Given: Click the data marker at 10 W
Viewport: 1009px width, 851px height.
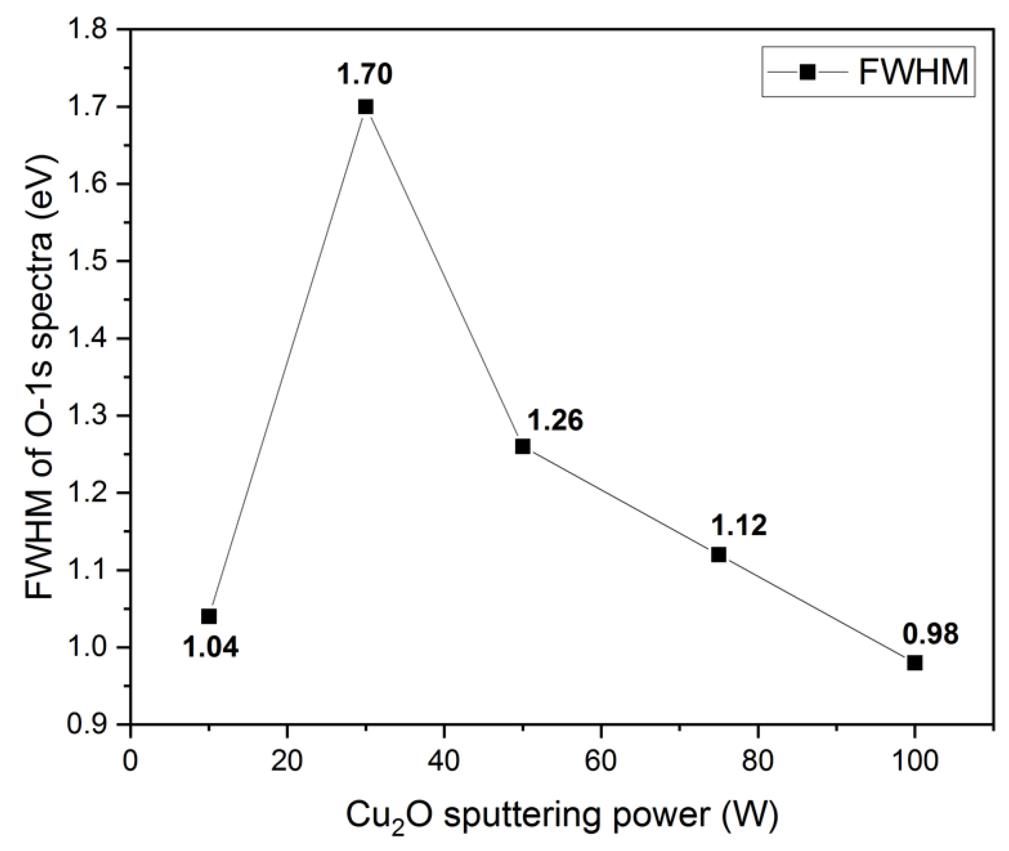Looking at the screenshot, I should pos(209,617).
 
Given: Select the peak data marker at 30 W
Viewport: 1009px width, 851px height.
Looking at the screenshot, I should pos(366,107).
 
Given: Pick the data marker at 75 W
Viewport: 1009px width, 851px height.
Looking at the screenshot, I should pos(719,555).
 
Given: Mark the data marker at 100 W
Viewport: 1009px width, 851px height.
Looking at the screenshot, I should pos(914,663).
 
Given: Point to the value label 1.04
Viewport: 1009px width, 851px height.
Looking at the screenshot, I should pos(211,647).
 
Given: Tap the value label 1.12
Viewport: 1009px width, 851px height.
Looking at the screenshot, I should pos(738,526).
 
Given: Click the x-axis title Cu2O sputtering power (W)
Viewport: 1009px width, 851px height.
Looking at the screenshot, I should pos(562,816).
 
